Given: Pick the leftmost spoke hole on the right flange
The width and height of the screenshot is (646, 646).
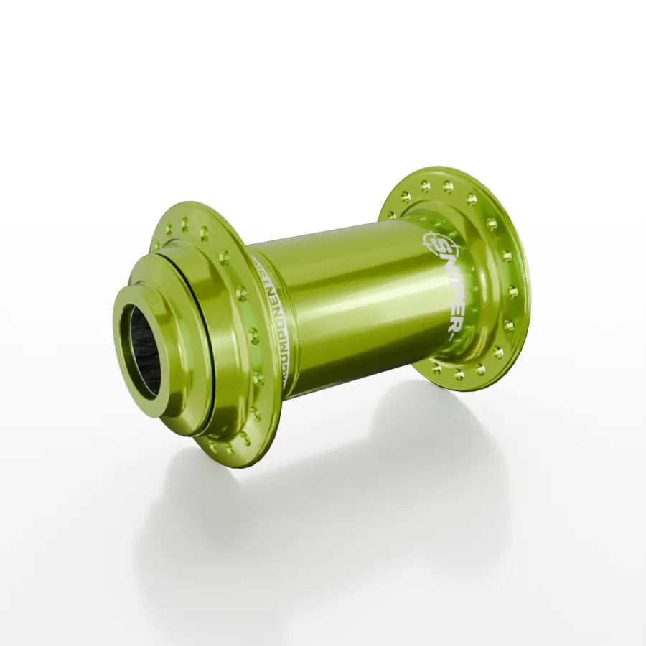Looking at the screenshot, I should tap(392, 213).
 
